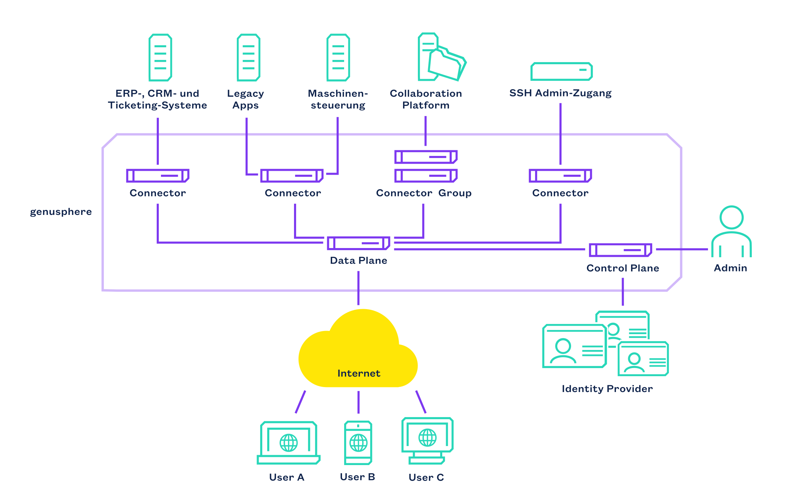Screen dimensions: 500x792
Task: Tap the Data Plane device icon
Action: coord(359,243)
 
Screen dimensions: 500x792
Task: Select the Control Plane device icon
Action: coord(620,250)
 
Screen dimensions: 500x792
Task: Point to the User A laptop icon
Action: coord(288,443)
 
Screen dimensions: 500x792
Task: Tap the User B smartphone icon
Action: coord(358,443)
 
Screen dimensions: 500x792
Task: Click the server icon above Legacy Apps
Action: coord(248,58)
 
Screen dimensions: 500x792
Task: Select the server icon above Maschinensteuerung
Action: coord(338,58)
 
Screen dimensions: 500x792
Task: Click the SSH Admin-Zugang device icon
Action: coord(562,71)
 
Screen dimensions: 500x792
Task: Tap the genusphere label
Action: coord(61,212)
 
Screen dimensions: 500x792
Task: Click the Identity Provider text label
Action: coord(607,389)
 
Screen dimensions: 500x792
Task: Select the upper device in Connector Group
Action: coord(426,157)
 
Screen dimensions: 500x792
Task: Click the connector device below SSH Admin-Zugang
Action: coord(560,176)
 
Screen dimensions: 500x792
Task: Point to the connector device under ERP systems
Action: coord(158,176)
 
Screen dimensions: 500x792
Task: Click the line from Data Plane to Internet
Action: coord(359,288)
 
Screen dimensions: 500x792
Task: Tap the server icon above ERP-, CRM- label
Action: coord(160,58)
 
